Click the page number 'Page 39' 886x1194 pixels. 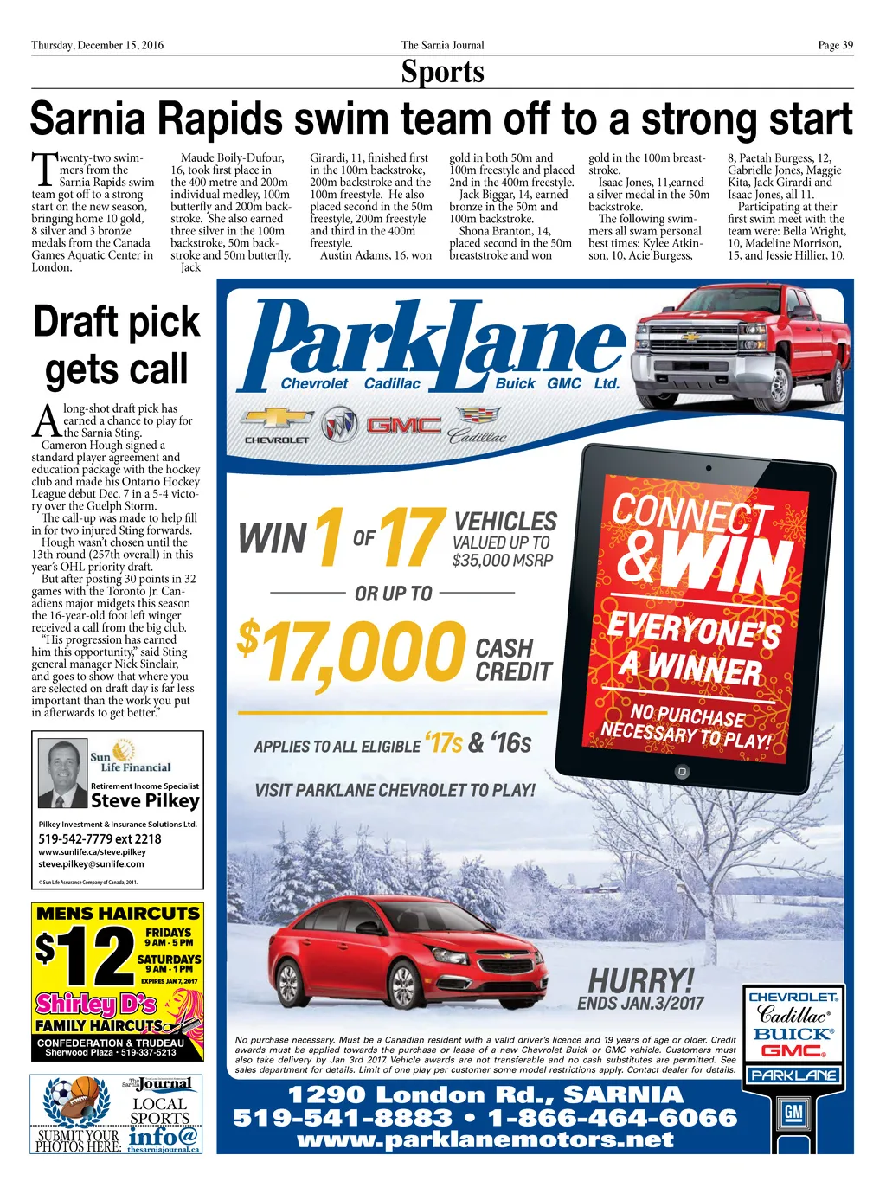(835, 45)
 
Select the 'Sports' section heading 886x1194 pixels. (442, 72)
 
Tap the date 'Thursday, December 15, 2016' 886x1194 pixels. (97, 45)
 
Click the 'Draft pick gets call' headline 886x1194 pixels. (117, 345)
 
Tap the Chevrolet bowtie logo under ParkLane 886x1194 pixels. (276, 419)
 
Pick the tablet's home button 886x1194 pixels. (682, 771)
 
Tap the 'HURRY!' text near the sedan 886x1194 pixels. (641, 981)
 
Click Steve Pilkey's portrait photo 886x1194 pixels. (64, 773)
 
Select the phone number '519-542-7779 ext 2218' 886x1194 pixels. (100, 838)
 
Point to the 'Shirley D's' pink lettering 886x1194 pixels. (96, 1004)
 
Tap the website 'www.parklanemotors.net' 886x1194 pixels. (485, 1139)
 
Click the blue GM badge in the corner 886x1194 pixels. (793, 1114)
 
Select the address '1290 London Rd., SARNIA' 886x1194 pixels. (485, 1095)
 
